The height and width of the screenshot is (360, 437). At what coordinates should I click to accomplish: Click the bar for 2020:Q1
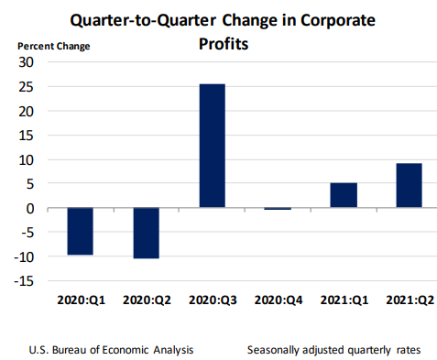[80, 231]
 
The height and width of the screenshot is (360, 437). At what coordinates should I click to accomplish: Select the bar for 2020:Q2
[145, 233]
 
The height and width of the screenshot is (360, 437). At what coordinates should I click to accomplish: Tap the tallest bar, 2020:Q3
[212, 146]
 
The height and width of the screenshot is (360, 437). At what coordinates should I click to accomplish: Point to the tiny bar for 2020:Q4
[277, 209]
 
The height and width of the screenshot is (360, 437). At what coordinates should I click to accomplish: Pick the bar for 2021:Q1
[343, 195]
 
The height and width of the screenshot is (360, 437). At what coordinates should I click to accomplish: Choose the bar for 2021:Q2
[408, 185]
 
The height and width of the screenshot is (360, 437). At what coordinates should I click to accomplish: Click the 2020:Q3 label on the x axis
[212, 300]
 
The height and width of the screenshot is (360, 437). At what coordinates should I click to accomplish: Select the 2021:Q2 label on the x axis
[408, 300]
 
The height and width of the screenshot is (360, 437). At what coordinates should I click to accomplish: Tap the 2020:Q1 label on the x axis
[80, 300]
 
